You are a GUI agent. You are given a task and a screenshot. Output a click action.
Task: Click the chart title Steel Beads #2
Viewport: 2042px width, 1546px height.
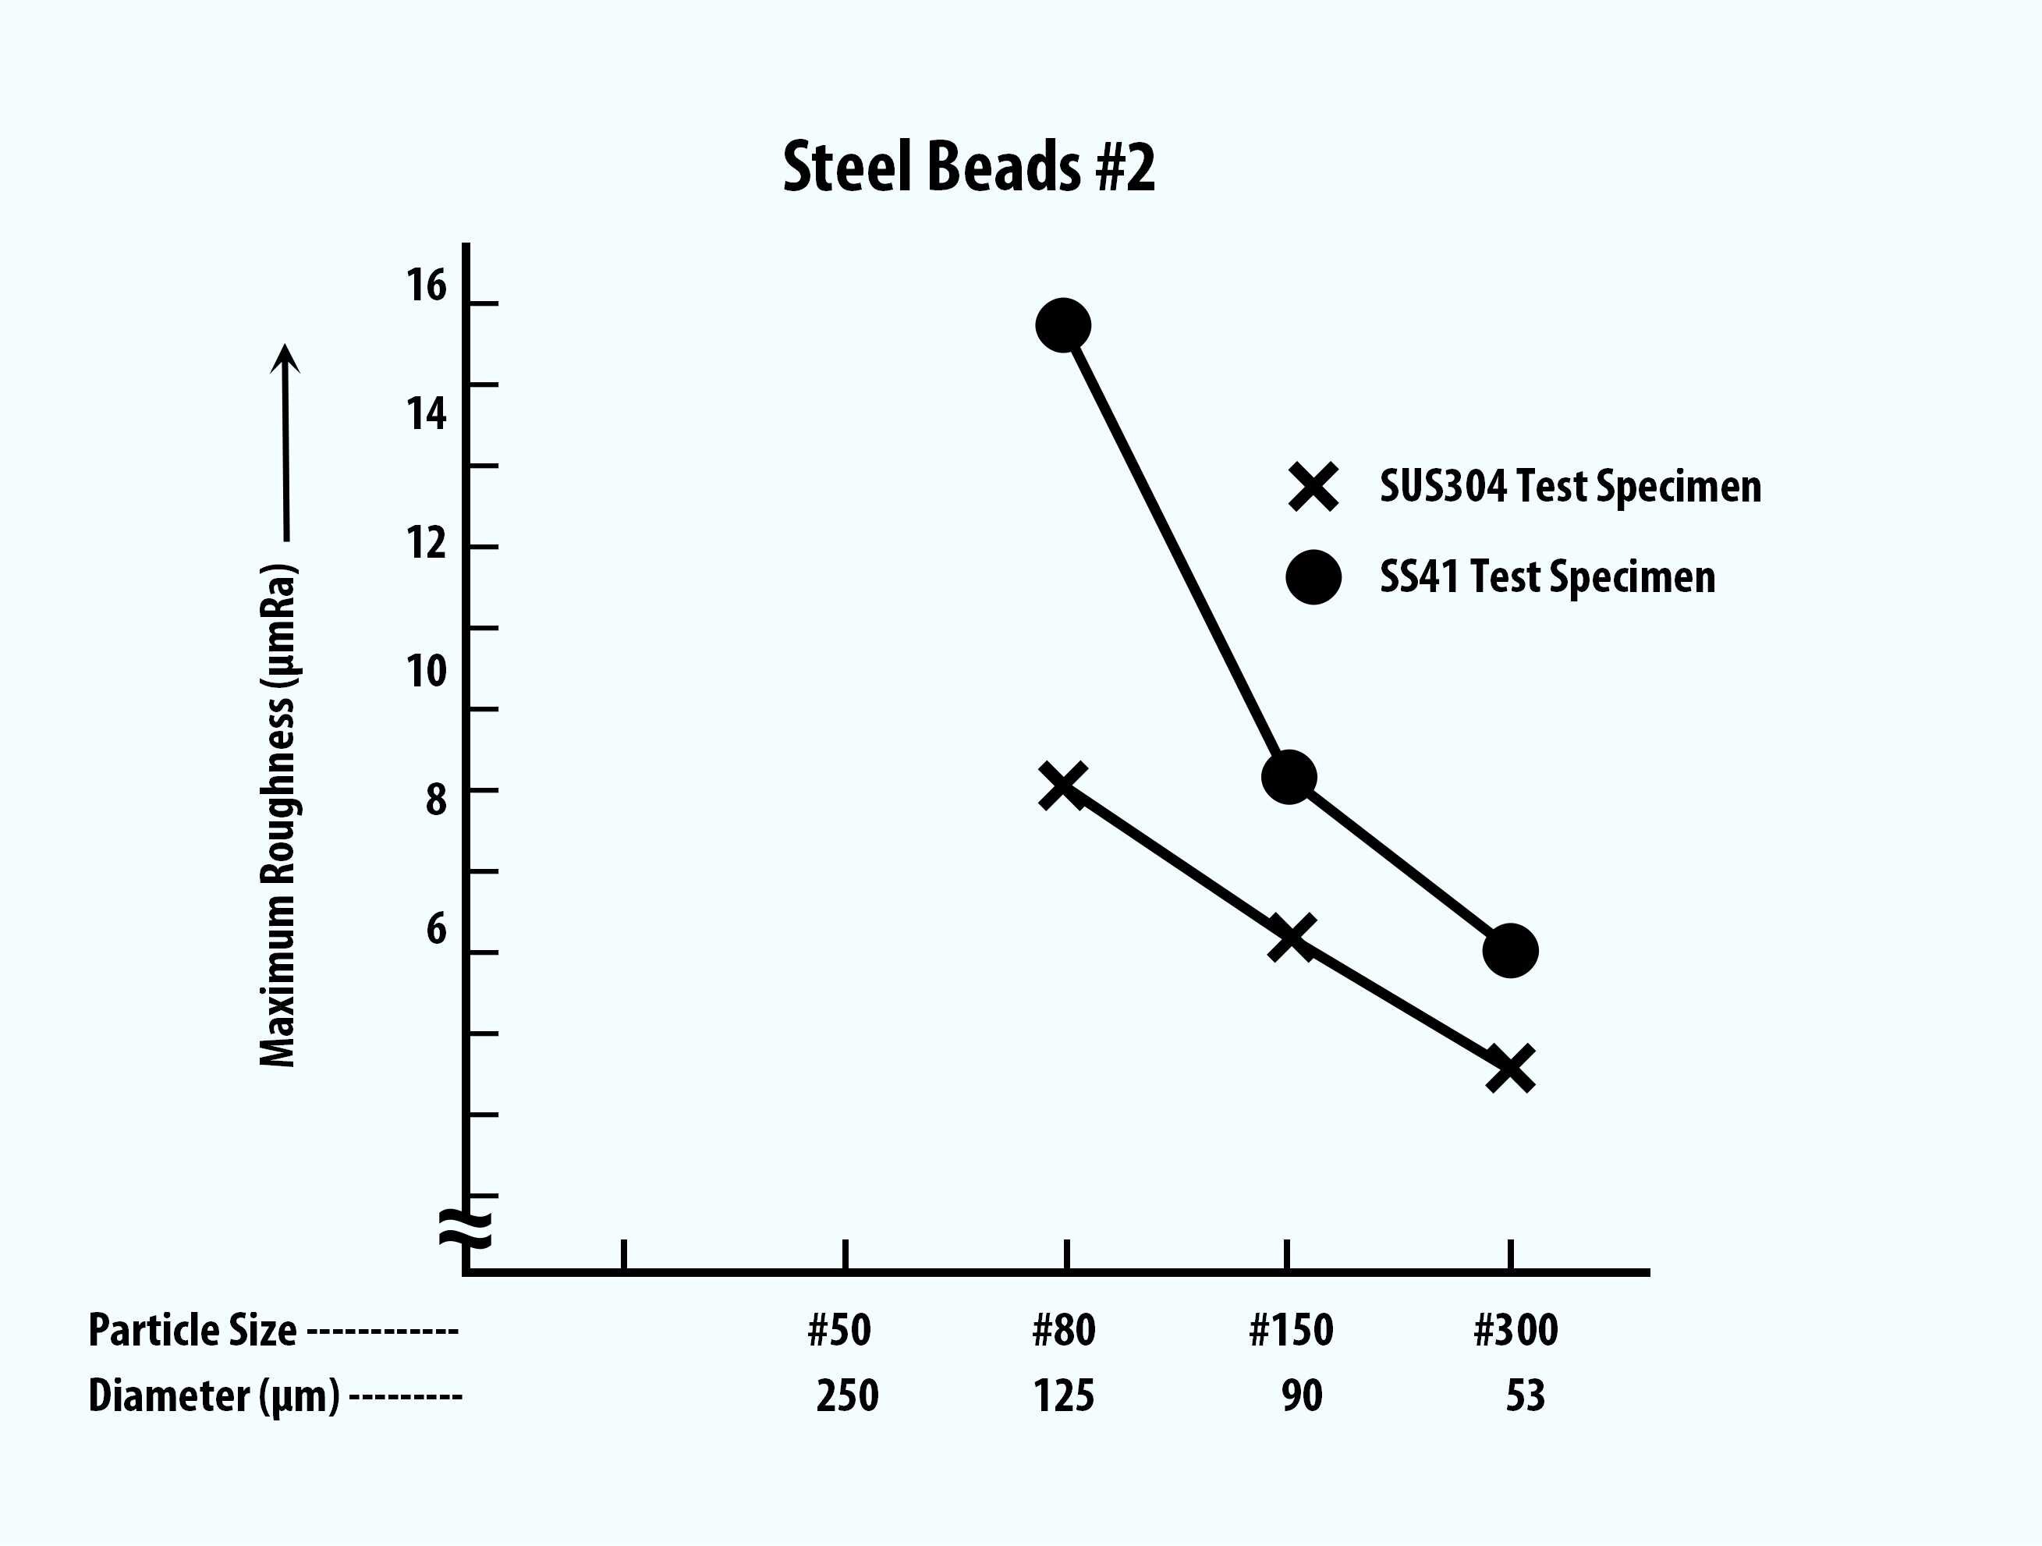pos(969,167)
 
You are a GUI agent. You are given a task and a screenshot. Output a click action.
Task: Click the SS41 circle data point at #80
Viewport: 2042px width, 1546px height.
pos(1063,325)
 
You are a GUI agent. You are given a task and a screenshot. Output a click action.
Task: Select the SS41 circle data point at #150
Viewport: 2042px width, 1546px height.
pos(1288,776)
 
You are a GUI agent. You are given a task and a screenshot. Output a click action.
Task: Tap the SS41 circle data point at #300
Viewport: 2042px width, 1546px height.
pos(1510,950)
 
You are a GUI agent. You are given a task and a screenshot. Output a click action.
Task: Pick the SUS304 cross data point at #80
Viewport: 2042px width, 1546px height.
pos(1062,785)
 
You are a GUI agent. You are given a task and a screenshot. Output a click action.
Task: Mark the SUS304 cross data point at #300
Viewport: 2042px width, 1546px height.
pos(1511,1068)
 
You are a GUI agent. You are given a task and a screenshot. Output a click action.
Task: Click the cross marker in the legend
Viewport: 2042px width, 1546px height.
pos(1313,487)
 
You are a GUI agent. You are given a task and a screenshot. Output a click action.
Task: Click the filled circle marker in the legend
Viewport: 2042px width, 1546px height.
pos(1313,578)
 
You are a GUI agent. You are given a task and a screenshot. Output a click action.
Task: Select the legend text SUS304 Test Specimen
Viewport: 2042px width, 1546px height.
pos(1569,487)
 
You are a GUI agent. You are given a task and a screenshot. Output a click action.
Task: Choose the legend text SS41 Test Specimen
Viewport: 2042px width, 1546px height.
pos(1547,578)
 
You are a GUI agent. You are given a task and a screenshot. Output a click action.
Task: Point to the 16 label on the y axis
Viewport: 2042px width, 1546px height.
pos(427,285)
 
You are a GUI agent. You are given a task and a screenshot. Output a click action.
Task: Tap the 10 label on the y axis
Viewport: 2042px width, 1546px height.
pos(427,671)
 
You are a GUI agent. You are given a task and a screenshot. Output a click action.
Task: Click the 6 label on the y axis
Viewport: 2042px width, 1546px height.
pos(436,928)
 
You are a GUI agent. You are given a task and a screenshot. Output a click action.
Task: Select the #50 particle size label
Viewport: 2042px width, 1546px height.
pos(839,1330)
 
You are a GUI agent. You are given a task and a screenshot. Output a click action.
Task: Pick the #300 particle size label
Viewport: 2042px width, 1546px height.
pos(1516,1330)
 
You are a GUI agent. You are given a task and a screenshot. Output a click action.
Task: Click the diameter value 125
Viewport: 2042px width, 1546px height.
pos(1063,1395)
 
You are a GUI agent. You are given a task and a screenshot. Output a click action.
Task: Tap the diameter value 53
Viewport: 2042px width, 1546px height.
pos(1525,1395)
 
